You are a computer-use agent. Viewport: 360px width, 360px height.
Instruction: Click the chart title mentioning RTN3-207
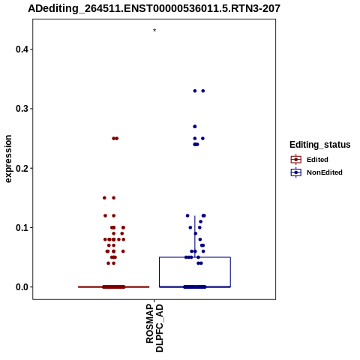coord(154,9)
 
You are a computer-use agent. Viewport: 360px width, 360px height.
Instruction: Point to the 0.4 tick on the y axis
coord(22,49)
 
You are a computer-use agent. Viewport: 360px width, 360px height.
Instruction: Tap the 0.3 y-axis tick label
coord(22,109)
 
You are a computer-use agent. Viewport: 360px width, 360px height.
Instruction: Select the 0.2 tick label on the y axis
coord(22,168)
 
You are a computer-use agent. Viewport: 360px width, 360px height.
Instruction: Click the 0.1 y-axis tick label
coord(22,228)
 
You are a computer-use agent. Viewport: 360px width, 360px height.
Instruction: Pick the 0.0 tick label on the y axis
coord(22,287)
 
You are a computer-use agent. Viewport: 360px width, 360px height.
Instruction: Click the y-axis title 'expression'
coord(8,159)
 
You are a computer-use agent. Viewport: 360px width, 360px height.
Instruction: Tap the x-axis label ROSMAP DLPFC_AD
coord(154,328)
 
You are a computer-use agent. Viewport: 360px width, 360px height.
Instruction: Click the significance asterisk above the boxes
coord(154,30)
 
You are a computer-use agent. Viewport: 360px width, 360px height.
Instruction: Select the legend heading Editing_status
coord(320,145)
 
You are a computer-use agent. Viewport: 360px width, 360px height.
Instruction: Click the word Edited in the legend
coord(317,160)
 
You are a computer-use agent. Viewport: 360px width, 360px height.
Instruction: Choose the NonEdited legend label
coord(325,172)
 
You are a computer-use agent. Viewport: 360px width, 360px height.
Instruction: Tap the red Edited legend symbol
coord(296,160)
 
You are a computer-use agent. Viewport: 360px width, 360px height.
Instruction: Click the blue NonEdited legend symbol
coord(296,172)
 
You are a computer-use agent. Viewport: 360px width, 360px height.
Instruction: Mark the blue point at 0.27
coord(195,127)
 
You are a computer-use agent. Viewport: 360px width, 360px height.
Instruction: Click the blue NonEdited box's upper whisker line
coord(195,236)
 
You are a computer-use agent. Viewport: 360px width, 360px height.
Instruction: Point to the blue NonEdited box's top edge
coord(195,257)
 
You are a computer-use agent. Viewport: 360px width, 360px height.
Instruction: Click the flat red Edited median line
coord(114,287)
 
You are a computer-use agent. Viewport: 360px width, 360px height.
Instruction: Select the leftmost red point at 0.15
coord(104,198)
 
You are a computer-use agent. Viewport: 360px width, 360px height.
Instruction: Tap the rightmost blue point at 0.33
coord(203,91)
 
